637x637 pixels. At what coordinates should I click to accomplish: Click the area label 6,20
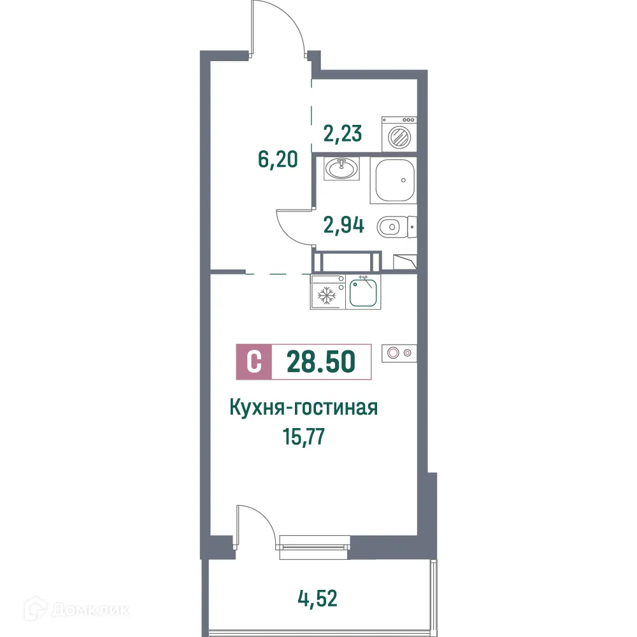pos(278,159)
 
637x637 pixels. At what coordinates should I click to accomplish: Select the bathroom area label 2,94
pos(343,225)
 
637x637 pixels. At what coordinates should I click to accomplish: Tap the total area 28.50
pos(320,362)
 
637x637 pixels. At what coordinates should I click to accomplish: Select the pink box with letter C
pos(254,362)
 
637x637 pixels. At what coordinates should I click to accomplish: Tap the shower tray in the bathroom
pos(395,180)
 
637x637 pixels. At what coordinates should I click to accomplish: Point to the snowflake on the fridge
pos(326,296)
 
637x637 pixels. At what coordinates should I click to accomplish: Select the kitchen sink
pos(364,293)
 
